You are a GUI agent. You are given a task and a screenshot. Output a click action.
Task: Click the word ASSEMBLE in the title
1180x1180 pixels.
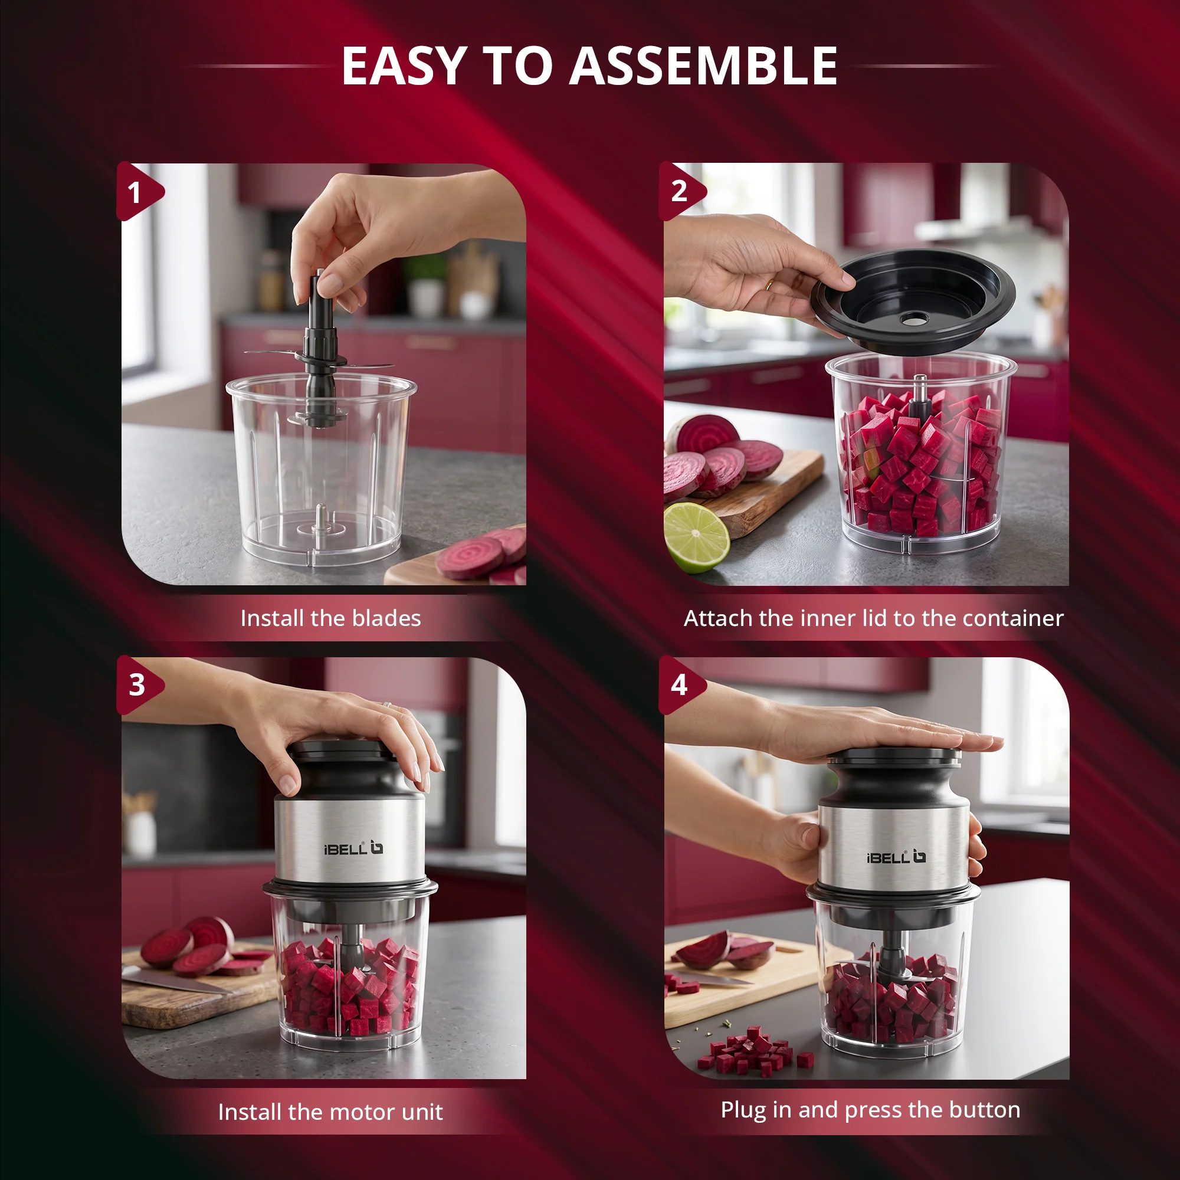(703, 66)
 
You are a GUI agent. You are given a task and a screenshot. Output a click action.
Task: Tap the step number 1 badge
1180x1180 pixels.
(138, 192)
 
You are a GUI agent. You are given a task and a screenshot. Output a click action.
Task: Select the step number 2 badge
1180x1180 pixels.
(681, 191)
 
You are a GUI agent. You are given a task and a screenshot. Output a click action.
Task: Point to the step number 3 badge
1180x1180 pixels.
(139, 684)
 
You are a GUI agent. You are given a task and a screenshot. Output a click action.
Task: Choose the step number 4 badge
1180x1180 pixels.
(681, 684)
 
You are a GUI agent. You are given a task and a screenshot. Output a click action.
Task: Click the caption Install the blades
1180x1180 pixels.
(330, 618)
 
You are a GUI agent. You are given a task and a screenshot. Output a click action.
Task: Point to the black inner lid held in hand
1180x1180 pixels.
(913, 301)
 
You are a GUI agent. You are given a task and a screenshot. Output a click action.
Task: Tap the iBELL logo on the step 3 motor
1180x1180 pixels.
(353, 848)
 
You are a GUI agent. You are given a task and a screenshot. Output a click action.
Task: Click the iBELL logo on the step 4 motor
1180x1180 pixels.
(896, 857)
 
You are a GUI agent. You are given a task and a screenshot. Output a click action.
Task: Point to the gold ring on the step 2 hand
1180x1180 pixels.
(770, 284)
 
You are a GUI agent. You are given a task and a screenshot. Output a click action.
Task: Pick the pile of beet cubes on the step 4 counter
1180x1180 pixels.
(755, 1049)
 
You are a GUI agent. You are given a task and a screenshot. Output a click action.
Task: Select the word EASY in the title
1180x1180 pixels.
(404, 66)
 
